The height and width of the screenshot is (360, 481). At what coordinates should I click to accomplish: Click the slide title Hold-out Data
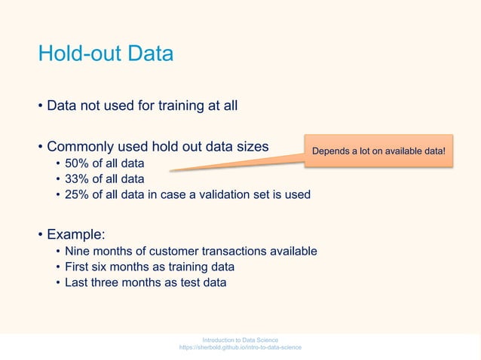[x=106, y=54]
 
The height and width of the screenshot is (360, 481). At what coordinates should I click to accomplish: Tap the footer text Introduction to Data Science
[x=240, y=340]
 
